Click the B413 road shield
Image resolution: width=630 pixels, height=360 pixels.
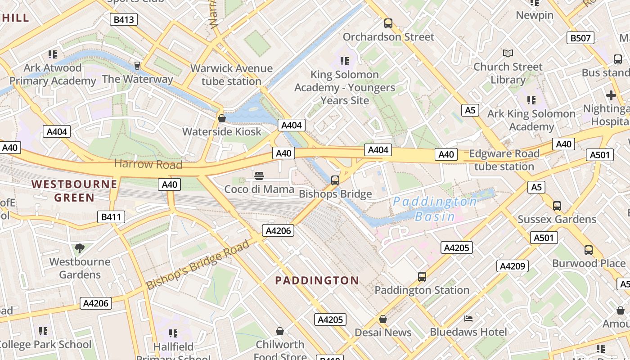tap(124, 19)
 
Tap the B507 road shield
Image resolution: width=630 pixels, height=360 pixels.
tap(580, 38)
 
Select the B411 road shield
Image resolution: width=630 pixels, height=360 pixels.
tap(111, 217)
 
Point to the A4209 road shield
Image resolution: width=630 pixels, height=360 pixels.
tap(513, 266)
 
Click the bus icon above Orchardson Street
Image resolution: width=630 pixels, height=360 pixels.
tap(388, 23)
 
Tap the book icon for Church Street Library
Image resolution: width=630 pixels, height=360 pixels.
tap(508, 53)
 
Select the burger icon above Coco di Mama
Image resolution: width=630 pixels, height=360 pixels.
tap(259, 175)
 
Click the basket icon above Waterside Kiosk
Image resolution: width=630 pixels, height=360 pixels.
tap(221, 118)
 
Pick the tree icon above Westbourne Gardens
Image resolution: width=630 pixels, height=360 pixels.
tap(79, 248)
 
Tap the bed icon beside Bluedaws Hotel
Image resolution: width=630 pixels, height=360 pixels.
tap(468, 319)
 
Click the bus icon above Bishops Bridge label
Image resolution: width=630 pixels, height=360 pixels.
tap(335, 180)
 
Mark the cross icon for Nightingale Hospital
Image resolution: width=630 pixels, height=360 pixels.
tap(611, 95)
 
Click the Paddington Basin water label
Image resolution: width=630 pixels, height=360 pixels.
tap(435, 209)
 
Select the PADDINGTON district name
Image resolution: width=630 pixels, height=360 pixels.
tap(317, 281)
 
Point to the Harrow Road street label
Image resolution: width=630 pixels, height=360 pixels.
tap(148, 164)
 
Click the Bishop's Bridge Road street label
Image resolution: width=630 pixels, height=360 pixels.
tap(198, 265)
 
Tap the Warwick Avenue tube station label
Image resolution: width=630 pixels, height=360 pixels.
tap(231, 75)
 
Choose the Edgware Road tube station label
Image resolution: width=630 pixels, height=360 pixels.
tap(504, 160)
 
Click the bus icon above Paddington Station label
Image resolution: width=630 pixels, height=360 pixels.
tap(422, 277)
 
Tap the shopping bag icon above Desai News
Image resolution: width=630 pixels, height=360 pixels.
tap(383, 319)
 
